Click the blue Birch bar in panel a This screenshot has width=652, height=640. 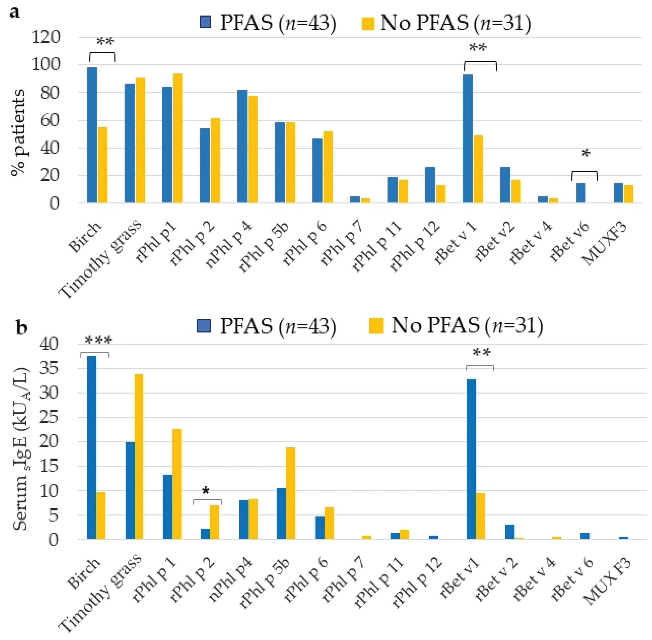point(92,135)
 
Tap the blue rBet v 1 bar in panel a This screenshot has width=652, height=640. point(468,138)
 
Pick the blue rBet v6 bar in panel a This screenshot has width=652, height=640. point(581,193)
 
